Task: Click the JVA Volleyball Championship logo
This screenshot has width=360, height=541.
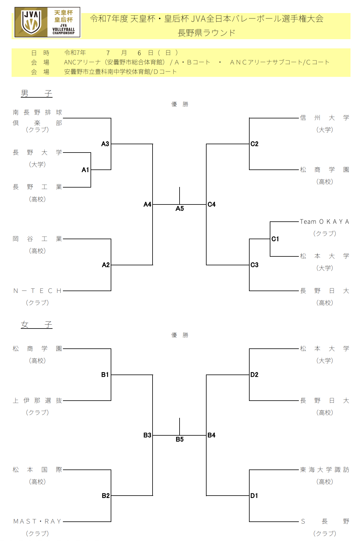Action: point(47,22)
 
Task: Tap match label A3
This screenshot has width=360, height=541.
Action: point(105,144)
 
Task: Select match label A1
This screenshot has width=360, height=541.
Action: point(85,170)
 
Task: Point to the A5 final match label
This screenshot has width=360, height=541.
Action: point(180,209)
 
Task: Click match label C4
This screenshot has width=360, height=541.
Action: point(212,204)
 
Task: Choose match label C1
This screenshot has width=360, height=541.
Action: point(275,239)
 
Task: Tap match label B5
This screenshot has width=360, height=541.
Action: point(180,440)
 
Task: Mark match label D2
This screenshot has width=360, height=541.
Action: point(254,375)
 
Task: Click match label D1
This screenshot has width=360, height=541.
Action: point(254,496)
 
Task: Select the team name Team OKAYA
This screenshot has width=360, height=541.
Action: point(324,222)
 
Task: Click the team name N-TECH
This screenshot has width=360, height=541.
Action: point(37,291)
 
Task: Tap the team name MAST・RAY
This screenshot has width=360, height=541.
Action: point(37,521)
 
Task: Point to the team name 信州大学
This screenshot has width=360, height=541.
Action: point(324,118)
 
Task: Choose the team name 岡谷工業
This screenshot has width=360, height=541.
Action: point(37,239)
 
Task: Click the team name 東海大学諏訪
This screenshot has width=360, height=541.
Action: point(324,470)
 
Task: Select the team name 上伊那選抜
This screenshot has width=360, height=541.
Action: point(37,401)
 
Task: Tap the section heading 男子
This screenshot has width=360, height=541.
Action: point(37,93)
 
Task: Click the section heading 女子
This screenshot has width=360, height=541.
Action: point(37,325)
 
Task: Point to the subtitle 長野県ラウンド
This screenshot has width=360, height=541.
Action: point(207,33)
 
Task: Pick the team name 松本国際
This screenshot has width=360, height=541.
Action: point(37,470)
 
